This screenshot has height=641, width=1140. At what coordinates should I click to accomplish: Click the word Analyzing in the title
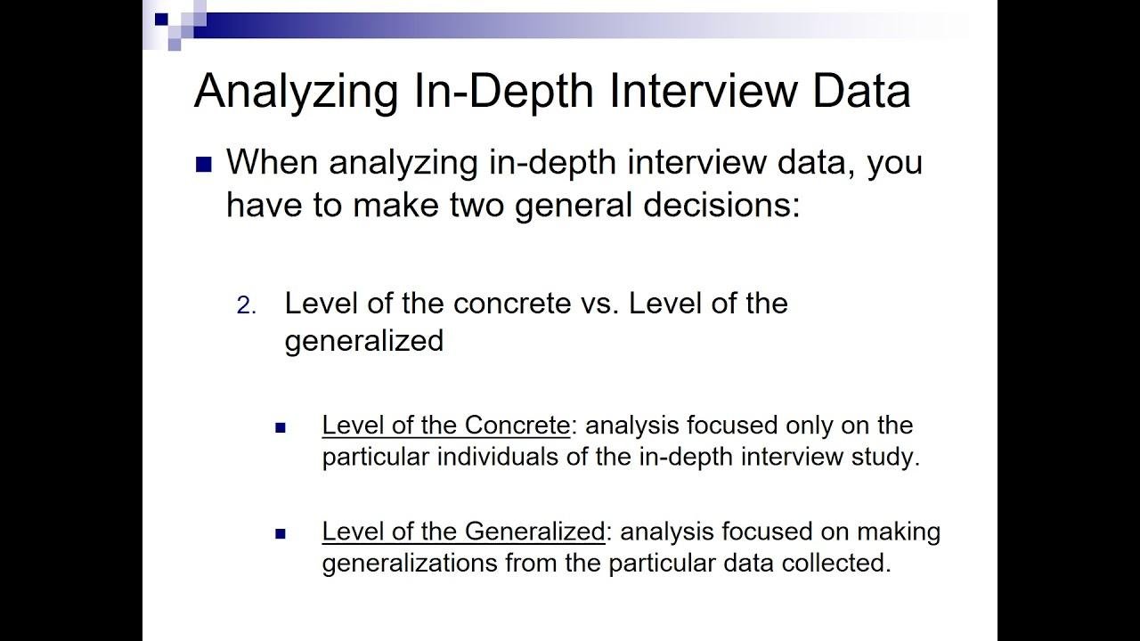tap(296, 92)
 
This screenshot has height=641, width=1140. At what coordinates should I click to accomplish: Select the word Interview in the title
tap(703, 91)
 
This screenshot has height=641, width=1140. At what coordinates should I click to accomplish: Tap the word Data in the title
tap(861, 91)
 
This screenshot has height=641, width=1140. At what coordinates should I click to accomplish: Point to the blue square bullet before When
tap(204, 165)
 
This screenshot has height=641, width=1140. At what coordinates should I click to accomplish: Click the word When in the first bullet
tap(272, 162)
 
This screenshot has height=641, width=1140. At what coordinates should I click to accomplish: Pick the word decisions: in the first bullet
tap(721, 205)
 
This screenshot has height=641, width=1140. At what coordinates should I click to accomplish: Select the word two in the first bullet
tap(476, 205)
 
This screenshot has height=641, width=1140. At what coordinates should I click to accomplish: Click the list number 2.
tap(247, 305)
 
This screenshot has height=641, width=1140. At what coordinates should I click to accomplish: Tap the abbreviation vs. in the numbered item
tap(599, 304)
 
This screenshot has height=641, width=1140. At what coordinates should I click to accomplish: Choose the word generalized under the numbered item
tap(364, 340)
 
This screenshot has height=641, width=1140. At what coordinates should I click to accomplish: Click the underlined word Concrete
tap(517, 425)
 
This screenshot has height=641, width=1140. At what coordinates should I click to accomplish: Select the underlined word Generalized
tap(534, 531)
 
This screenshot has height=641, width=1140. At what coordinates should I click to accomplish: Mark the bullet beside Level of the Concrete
tap(281, 427)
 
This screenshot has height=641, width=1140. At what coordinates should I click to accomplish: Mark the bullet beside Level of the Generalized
tap(281, 533)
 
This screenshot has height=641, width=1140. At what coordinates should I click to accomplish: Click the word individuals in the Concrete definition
tap(498, 457)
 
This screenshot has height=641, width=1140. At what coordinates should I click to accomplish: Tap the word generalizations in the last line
tap(410, 564)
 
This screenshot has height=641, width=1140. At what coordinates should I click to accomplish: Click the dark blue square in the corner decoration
tap(161, 19)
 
